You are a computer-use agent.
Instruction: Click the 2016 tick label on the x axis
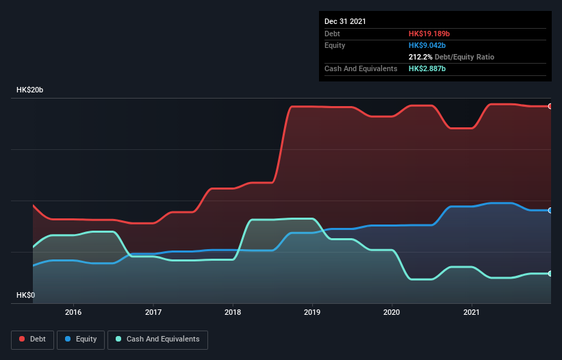coord(73,312)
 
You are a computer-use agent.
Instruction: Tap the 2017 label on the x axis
coord(153,312)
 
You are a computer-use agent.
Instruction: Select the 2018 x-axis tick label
coord(233,312)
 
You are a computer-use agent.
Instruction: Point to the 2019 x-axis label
coord(312,312)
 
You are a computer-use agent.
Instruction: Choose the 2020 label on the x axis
coord(392,312)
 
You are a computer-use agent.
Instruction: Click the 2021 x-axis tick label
coord(472,312)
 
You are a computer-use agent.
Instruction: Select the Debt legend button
coord(32,339)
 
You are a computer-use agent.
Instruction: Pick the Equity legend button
coord(81,339)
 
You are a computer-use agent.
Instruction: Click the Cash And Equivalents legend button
coord(157,339)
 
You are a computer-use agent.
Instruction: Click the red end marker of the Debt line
coord(550,106)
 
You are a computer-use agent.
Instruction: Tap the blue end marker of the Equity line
coord(550,210)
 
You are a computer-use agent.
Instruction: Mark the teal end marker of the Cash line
coord(550,274)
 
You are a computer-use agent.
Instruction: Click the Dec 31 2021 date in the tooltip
coord(345,21)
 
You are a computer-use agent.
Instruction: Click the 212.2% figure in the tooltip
coord(420,57)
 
